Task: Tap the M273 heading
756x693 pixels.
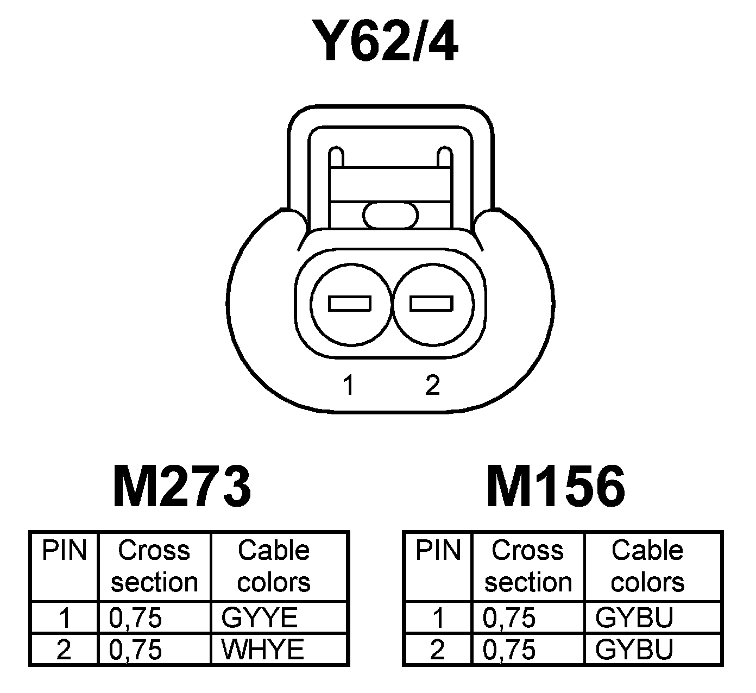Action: coord(182,486)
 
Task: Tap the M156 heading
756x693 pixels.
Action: coord(556,486)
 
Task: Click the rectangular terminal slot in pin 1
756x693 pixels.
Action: coord(350,304)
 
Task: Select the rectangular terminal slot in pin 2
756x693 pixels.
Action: coord(431,304)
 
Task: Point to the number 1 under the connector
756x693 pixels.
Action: coord(348,386)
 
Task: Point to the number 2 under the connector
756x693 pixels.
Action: coord(432,386)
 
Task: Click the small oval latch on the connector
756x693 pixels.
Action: coord(391,215)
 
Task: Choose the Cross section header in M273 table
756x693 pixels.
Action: coord(154,566)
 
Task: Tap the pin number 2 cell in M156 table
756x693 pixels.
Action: coord(437,650)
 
